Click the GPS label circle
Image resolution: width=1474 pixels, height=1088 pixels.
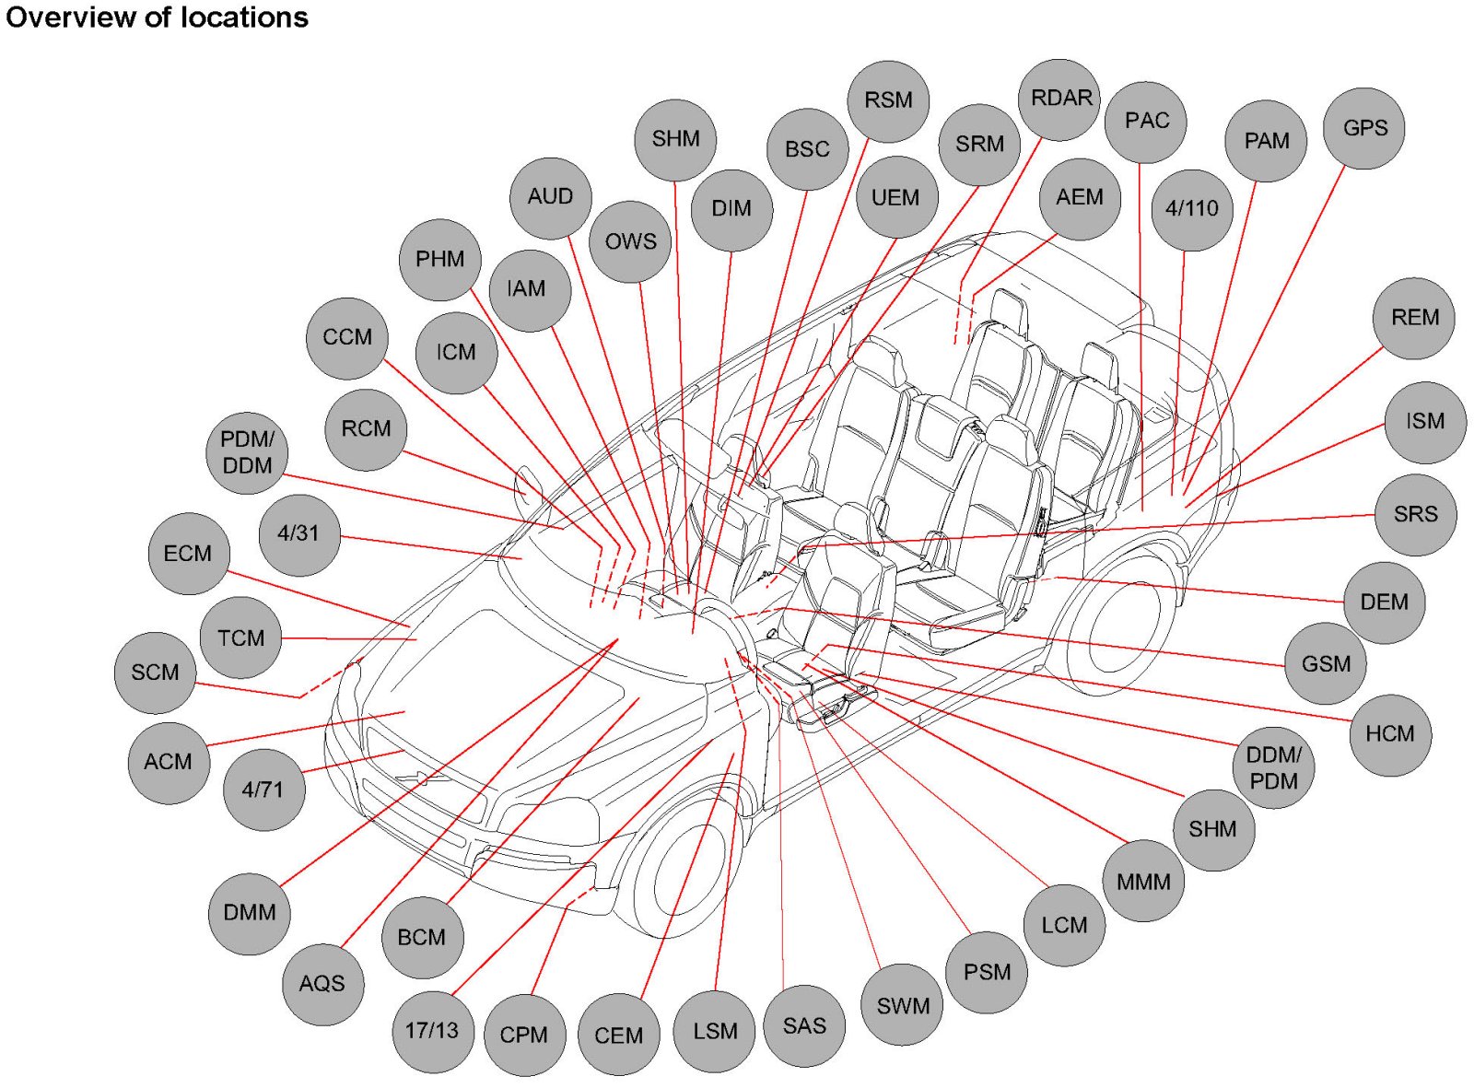click(x=1363, y=128)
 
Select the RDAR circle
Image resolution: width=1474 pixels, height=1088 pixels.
click(x=1060, y=99)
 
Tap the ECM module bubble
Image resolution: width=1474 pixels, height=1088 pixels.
click(x=188, y=553)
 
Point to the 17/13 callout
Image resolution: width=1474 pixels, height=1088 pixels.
click(x=432, y=1030)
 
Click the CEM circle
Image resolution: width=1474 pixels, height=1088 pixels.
click(x=618, y=1035)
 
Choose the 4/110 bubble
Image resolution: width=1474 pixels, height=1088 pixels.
click(x=1192, y=209)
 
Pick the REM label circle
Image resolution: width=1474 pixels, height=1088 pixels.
click(x=1414, y=318)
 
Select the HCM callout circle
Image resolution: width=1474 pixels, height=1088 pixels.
click(x=1389, y=734)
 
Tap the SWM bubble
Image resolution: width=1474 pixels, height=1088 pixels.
click(x=903, y=1005)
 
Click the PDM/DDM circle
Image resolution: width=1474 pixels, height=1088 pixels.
click(x=247, y=452)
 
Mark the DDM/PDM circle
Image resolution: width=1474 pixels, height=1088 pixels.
click(x=1273, y=767)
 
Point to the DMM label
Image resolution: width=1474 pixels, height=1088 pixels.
click(x=250, y=913)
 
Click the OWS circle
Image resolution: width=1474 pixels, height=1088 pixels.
click(x=630, y=241)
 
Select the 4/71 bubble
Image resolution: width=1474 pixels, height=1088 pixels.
click(x=263, y=790)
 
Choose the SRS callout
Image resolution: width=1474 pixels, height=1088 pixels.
click(x=1415, y=514)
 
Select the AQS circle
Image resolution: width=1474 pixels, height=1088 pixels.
click(x=322, y=984)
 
